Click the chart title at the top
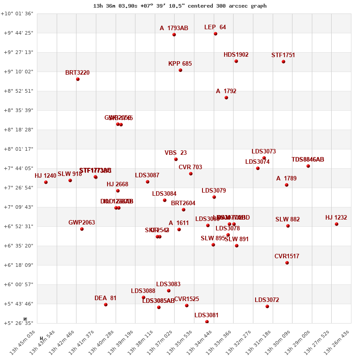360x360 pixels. [x=180, y=6]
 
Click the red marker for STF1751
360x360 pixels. [x=283, y=62]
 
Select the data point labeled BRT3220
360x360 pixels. [x=78, y=79]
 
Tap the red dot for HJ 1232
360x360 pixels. [x=337, y=224]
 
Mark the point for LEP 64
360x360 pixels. [x=216, y=34]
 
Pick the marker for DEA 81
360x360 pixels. [x=106, y=305]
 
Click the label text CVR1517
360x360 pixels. [x=287, y=256]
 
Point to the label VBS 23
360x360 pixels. [x=175, y=153]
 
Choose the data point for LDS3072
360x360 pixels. [x=267, y=306]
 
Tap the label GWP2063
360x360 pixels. [x=81, y=222]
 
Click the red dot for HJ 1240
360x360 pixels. [x=46, y=182]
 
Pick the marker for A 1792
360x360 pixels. [x=226, y=98]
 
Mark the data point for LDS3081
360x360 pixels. [x=207, y=322]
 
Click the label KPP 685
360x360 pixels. [x=180, y=64]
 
